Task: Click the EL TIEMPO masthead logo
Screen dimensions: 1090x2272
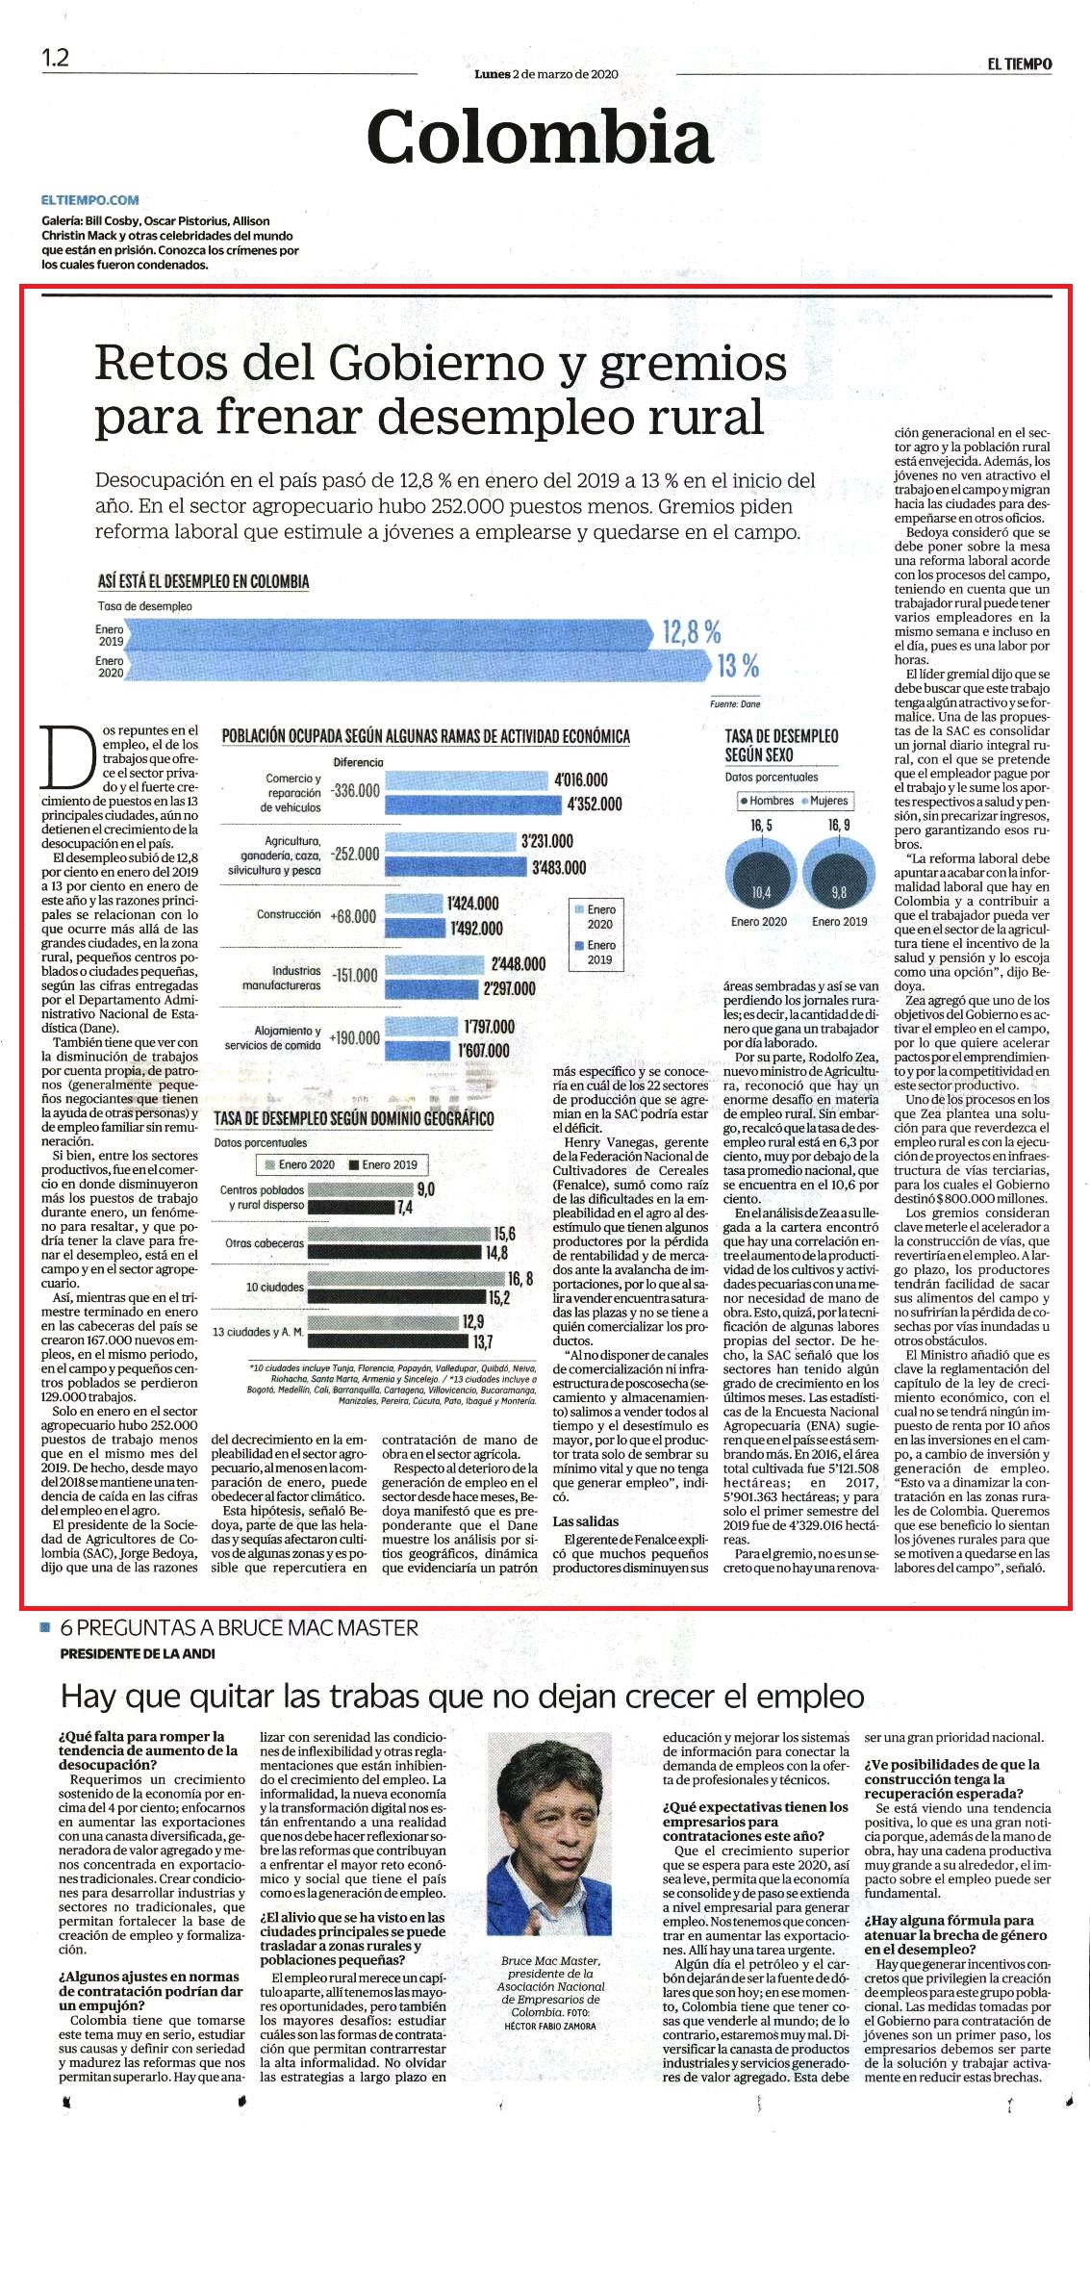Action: tap(1019, 64)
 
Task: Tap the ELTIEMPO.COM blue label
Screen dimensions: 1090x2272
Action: tap(90, 200)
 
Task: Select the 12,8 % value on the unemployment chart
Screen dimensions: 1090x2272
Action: tap(692, 632)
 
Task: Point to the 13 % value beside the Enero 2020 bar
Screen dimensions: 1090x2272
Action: tap(738, 665)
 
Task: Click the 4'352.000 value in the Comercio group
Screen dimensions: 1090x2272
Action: tap(595, 804)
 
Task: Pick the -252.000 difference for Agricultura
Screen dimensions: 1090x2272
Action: tap(354, 854)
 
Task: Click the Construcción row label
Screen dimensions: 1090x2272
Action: tap(289, 914)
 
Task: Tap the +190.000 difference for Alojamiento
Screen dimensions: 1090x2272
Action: tap(354, 1038)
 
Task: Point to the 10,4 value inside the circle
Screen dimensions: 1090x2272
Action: tap(761, 892)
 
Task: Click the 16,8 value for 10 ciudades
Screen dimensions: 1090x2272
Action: tap(520, 1278)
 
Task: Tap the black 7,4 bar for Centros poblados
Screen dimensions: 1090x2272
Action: tap(350, 1207)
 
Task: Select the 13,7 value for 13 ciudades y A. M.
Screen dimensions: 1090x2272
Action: tap(482, 1341)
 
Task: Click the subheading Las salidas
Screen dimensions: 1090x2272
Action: tap(586, 1521)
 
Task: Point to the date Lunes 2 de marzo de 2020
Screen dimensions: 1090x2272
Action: tap(546, 73)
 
